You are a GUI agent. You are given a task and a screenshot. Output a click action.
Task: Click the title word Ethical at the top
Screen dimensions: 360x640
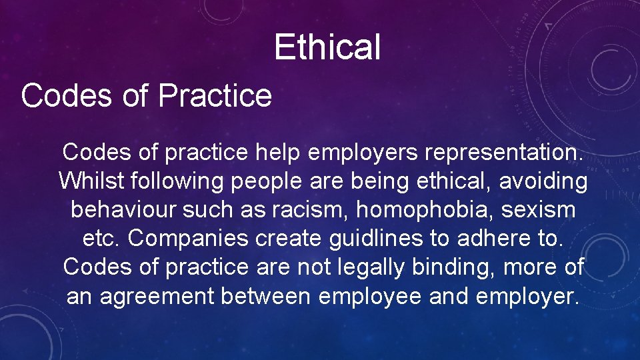pos(327,47)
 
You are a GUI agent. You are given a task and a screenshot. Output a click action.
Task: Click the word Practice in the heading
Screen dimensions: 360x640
pos(215,95)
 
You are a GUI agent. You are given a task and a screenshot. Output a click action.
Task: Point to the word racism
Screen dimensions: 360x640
pos(311,209)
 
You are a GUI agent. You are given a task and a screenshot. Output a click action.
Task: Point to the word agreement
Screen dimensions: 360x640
pos(157,296)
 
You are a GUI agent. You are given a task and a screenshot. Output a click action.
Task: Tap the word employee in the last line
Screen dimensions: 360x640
pos(369,296)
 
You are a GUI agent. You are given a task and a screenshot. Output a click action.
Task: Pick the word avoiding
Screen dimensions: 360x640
pos(543,181)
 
